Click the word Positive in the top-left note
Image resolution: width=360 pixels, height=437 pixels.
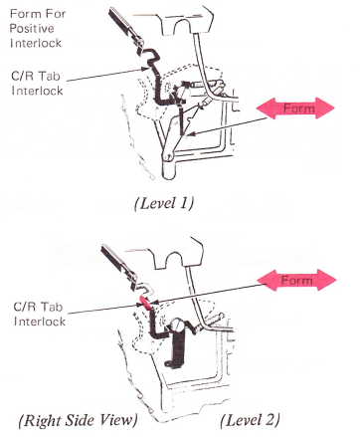click(32, 28)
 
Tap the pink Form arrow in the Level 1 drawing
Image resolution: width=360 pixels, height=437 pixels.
click(295, 108)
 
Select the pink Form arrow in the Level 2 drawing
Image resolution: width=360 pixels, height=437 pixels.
click(296, 280)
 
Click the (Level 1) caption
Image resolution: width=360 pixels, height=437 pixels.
click(164, 203)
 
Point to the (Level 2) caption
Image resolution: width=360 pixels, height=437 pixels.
click(250, 420)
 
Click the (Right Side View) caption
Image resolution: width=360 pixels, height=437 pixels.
click(79, 420)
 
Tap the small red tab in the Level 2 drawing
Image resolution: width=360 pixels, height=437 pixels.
click(145, 303)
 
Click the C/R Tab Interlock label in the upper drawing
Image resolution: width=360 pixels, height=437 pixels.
click(37, 83)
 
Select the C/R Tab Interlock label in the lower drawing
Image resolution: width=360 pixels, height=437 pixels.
click(39, 314)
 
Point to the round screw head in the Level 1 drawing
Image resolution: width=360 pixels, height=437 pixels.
click(181, 92)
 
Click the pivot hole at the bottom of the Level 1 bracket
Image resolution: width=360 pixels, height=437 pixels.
click(168, 157)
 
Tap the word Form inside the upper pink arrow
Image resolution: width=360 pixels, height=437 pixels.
click(298, 109)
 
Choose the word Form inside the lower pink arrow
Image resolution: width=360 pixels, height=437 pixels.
click(297, 281)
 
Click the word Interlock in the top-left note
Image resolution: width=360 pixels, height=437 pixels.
click(36, 43)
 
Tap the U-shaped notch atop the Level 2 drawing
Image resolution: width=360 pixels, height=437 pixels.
click(173, 259)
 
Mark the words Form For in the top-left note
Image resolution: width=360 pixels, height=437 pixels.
click(38, 14)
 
